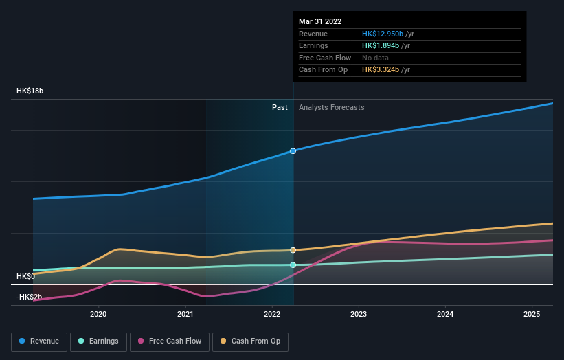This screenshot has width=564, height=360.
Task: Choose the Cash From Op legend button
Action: tap(251, 341)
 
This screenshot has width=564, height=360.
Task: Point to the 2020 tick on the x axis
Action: tap(98, 314)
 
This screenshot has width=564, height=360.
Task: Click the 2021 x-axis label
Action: tap(185, 314)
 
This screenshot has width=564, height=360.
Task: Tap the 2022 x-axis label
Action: tap(272, 314)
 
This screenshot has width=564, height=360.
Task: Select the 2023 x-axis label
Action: tap(359, 314)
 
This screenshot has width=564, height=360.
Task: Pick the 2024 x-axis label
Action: tap(445, 314)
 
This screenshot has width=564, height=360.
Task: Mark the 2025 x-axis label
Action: tap(532, 314)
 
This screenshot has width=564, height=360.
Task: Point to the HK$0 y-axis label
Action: tap(26, 276)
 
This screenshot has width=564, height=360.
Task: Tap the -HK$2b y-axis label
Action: tap(30, 297)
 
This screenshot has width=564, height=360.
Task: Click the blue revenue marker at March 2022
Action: tap(293, 150)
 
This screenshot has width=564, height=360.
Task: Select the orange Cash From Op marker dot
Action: tap(293, 250)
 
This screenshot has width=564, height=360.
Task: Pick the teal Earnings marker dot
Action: tap(293, 265)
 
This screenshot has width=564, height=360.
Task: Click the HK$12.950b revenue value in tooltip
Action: tap(383, 34)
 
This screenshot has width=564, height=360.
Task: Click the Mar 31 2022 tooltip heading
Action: tap(320, 22)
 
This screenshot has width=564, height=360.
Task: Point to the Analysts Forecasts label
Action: tap(331, 107)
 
